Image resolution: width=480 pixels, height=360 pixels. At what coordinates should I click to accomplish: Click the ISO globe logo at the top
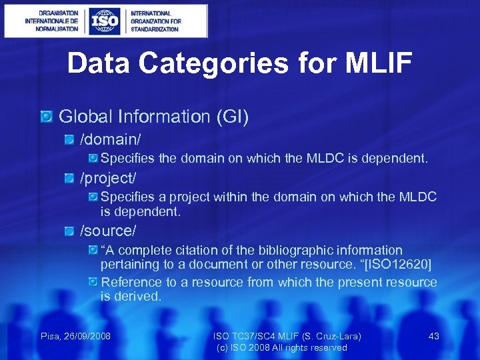(106, 21)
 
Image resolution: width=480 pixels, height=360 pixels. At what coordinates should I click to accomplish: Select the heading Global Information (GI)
(154, 117)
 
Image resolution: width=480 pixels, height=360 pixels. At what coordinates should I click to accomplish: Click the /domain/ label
(111, 140)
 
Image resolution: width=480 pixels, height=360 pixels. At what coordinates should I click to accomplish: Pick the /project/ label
(108, 179)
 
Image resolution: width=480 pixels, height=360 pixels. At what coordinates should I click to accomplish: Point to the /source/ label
(108, 231)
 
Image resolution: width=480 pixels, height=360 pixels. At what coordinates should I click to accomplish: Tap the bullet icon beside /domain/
(70, 140)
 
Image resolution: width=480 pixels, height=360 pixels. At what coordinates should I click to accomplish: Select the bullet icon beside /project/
(70, 179)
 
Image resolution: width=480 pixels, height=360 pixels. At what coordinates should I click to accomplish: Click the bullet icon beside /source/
(70, 231)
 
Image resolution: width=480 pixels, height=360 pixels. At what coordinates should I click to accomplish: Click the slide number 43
(433, 336)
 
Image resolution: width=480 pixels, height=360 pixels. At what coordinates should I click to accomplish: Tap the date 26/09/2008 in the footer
(87, 336)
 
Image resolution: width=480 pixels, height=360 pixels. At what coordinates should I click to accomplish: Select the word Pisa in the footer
(51, 336)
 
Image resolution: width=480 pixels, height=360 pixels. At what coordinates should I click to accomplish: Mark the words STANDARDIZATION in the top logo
(155, 29)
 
